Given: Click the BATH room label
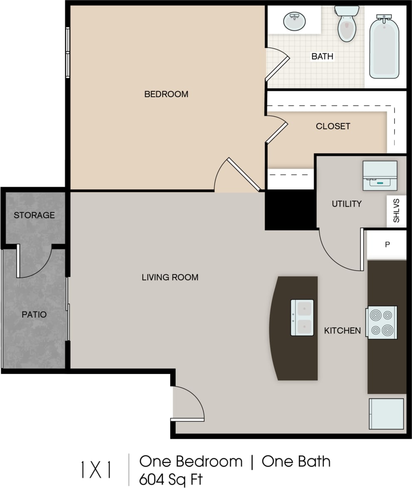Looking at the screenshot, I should (323, 56).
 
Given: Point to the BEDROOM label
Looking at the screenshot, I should (166, 94).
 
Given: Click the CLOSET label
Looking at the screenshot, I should (333, 126).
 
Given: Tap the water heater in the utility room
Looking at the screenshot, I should (380, 175).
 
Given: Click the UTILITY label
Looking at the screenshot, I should (346, 204).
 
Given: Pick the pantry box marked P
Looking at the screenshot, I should (387, 244).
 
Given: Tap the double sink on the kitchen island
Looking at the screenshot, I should (302, 317).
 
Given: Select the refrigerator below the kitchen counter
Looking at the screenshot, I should (386, 413).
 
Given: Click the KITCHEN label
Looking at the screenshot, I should (343, 331).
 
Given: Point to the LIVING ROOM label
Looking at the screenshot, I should (170, 277).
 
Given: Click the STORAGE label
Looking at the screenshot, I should (34, 215).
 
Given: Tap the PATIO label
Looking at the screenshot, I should (34, 314).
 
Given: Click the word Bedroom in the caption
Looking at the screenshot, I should (209, 461).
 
